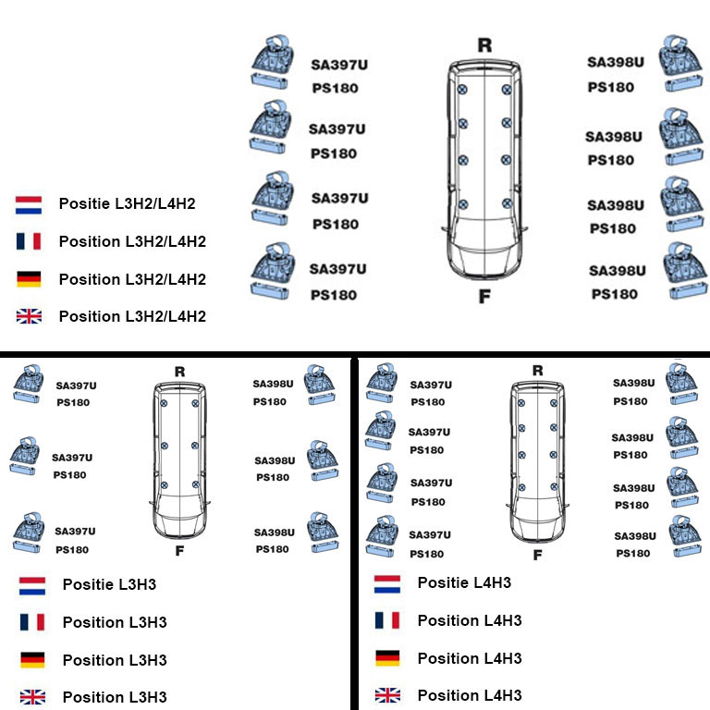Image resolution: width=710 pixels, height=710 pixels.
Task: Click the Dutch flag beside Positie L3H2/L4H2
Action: point(29,204)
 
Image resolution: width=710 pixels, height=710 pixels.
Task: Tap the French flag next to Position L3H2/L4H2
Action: point(29,241)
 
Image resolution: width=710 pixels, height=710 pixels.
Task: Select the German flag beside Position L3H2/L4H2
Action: point(29,279)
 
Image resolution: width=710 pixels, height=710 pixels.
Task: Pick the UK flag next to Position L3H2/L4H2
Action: point(29,316)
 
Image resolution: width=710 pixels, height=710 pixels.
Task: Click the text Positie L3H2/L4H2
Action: point(127,203)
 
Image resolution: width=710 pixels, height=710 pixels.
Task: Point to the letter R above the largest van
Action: point(484,45)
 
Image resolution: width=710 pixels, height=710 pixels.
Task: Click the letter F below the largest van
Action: point(484,296)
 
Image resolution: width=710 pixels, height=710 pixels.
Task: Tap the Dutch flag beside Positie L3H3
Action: point(32,585)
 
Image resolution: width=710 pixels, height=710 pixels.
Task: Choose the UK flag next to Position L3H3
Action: point(32,697)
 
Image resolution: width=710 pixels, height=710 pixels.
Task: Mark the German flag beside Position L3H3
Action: point(32,660)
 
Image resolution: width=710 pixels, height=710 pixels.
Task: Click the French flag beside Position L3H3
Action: point(32,622)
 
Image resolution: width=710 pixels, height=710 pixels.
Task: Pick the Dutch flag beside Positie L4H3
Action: point(386,583)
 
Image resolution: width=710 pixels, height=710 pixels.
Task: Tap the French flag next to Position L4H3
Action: point(386,620)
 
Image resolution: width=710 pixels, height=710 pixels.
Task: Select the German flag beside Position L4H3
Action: point(386,658)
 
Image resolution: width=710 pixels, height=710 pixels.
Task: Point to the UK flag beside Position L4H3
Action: point(386,695)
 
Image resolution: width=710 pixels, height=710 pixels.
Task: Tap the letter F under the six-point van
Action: point(179,552)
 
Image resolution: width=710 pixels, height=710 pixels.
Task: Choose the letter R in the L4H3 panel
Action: point(537,371)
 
